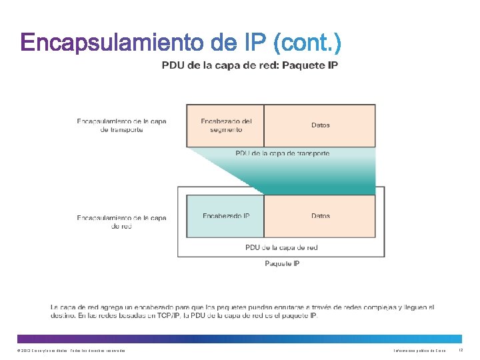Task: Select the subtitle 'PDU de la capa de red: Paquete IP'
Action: tap(250, 65)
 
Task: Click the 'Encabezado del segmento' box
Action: tap(226, 125)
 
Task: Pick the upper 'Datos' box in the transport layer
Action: tap(320, 125)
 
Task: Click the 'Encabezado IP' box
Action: tap(226, 216)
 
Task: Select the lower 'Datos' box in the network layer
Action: tap(320, 216)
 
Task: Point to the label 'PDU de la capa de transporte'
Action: tap(282, 153)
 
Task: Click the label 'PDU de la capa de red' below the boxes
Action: tap(281, 247)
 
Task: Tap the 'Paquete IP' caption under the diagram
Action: tap(282, 263)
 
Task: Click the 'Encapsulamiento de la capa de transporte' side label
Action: tap(121, 125)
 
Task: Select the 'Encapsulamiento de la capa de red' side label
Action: tap(121, 221)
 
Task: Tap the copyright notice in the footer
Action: tap(71, 351)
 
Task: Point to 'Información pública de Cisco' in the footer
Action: tap(419, 351)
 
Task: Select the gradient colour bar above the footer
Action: tap(239, 339)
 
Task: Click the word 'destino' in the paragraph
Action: tap(61, 315)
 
